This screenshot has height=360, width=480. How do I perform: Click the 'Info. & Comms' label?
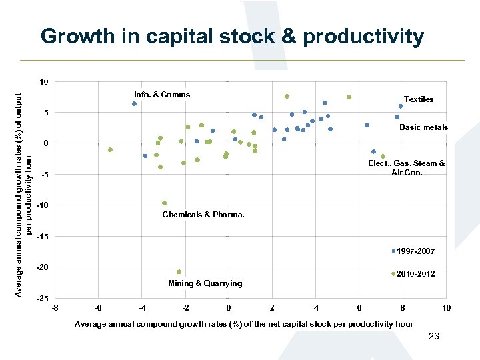click(161, 95)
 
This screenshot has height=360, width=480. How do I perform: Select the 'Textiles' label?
click(418, 99)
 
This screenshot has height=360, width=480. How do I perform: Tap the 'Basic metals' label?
click(423, 127)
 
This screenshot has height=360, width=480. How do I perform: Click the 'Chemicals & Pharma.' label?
click(203, 215)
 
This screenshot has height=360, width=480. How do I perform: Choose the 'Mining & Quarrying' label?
click(205, 283)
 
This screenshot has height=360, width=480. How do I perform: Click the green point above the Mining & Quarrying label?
click(179, 272)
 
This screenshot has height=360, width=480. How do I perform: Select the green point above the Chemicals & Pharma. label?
click(164, 203)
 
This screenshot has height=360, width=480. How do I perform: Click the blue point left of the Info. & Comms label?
click(134, 104)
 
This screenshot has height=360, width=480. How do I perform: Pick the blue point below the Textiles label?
click(401, 106)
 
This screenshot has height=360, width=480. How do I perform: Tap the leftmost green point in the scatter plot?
click(110, 150)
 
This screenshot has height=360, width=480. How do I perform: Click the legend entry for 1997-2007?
click(414, 251)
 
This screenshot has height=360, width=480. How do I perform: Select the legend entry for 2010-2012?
click(414, 274)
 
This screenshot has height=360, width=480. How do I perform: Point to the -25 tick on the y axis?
click(41, 298)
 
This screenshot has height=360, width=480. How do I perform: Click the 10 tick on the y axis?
click(43, 82)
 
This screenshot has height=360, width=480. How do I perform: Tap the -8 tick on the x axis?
click(55, 308)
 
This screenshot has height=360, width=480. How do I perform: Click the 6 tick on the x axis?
click(359, 308)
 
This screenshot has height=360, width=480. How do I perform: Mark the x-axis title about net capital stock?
click(244, 324)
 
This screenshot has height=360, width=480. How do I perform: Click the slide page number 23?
click(433, 337)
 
